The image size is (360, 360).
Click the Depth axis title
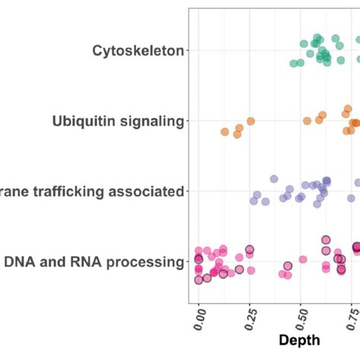click(301, 339)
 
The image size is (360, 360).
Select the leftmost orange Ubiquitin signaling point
click(225, 132)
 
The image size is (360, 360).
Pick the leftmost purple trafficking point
click(256, 201)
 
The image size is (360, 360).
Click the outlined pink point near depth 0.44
click(288, 266)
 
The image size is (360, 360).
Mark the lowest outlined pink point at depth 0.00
click(199, 279)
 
